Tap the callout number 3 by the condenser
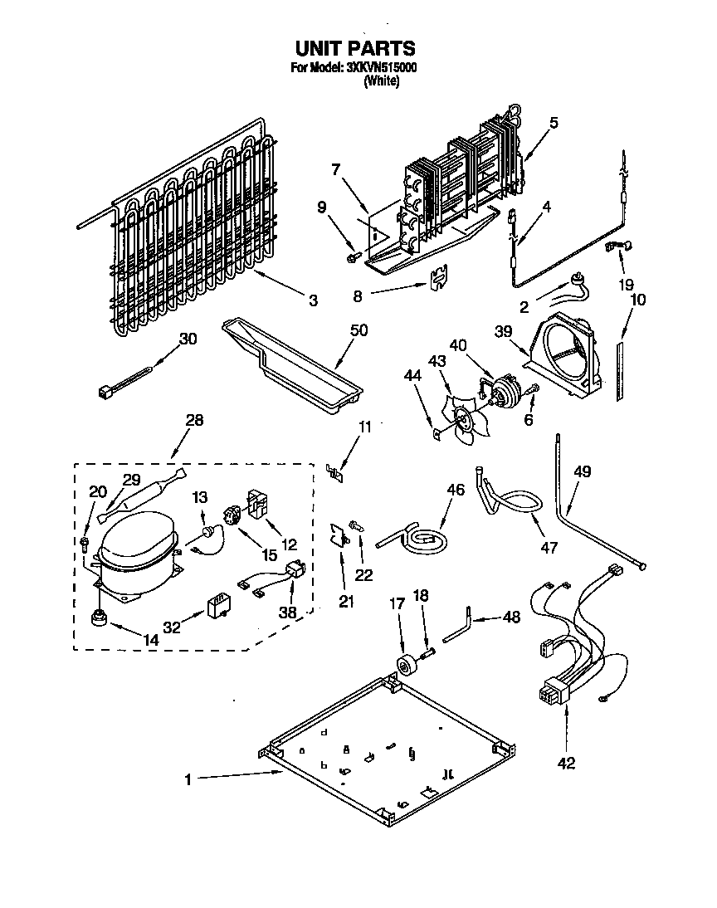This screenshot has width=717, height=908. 313,300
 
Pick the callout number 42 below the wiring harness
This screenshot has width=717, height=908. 567,763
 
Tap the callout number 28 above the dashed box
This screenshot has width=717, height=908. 194,421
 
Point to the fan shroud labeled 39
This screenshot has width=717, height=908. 565,353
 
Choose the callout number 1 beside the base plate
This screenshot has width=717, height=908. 188,779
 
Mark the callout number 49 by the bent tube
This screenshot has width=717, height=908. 582,472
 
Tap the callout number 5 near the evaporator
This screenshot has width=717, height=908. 554,123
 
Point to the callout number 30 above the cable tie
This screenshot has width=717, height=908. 188,339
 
